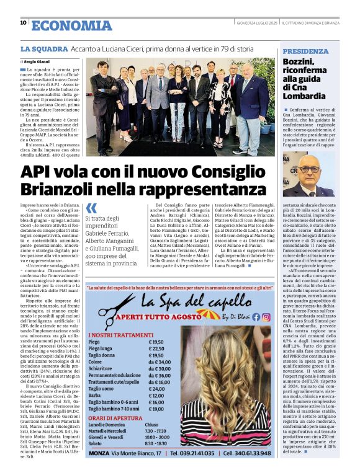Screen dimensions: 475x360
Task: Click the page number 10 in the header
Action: pyautogui.click(x=24, y=23)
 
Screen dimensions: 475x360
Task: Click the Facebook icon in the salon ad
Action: pyautogui.click(x=256, y=317)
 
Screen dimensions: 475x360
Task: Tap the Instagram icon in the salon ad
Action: pyautogui.click(x=266, y=317)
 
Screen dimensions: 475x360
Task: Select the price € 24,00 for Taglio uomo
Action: pyautogui.click(x=158, y=389)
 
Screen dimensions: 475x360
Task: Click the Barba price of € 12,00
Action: pyautogui.click(x=158, y=396)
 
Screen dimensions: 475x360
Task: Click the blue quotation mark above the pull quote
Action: pyautogui.click(x=92, y=208)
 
